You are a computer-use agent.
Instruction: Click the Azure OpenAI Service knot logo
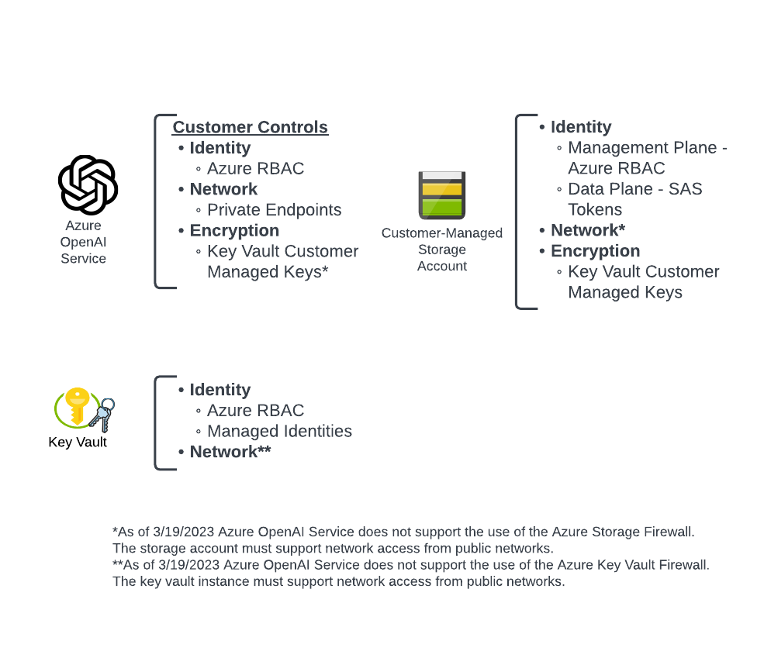88,185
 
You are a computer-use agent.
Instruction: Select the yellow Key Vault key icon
77,405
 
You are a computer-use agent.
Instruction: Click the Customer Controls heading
250,127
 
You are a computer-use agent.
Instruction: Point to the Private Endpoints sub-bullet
274,210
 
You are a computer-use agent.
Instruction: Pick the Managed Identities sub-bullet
279,431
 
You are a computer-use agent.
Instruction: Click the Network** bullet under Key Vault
230,452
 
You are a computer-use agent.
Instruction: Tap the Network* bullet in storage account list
588,230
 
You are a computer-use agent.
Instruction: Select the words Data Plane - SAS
635,189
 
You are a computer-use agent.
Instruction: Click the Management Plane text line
648,148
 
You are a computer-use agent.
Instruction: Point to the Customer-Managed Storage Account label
442,250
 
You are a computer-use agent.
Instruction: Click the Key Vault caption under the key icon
78,443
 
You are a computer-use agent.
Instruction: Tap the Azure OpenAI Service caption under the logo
83,242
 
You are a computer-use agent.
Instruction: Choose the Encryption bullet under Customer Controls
234,231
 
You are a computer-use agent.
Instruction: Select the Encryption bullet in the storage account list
595,251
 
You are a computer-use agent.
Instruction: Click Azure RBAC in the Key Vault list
255,411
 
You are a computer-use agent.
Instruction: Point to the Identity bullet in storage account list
581,127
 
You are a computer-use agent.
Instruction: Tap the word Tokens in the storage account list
595,210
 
